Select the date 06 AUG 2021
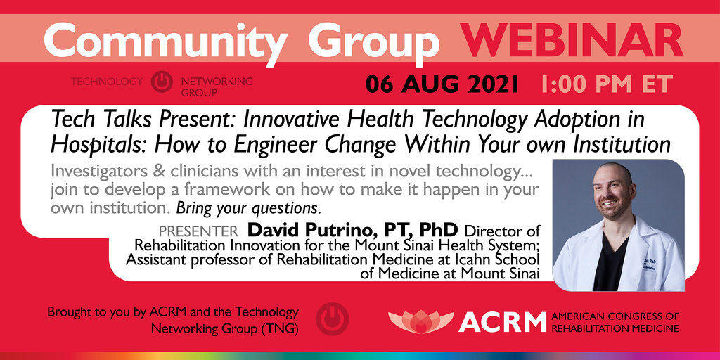coord(442,84)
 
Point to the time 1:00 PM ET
coord(607,84)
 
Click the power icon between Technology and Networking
coord(162,82)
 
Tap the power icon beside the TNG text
coord(328,319)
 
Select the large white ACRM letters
coord(502,322)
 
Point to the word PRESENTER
coord(198,231)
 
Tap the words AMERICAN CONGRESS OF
coord(616,316)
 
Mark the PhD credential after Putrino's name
coord(439,230)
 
